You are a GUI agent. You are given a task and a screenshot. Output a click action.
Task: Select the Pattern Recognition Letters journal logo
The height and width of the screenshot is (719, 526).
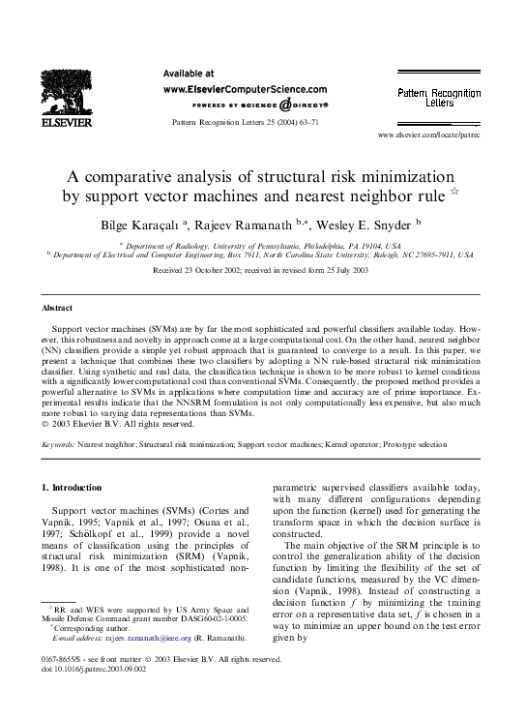pos(439,96)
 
